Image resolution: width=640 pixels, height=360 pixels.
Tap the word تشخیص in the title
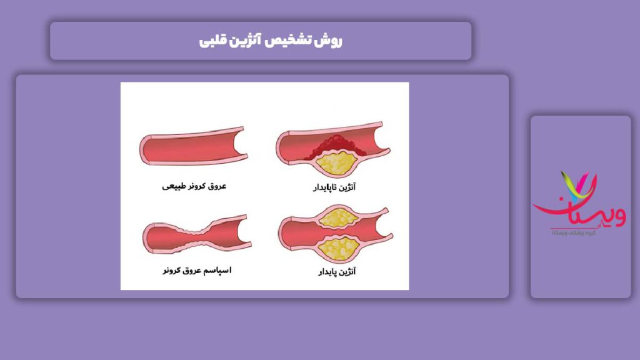296,41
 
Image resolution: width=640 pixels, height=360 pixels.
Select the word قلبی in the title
214,41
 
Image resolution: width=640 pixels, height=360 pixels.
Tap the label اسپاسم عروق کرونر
196,271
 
